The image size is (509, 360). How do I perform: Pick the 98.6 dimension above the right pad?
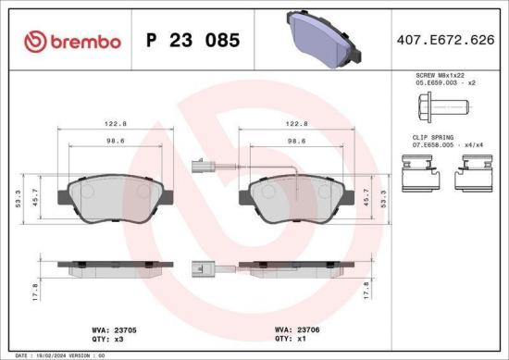pyautogui.click(x=296, y=142)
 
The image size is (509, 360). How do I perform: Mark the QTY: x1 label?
pyautogui.click(x=292, y=339)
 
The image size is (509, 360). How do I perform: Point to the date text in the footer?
pyautogui.click(x=56, y=354)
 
